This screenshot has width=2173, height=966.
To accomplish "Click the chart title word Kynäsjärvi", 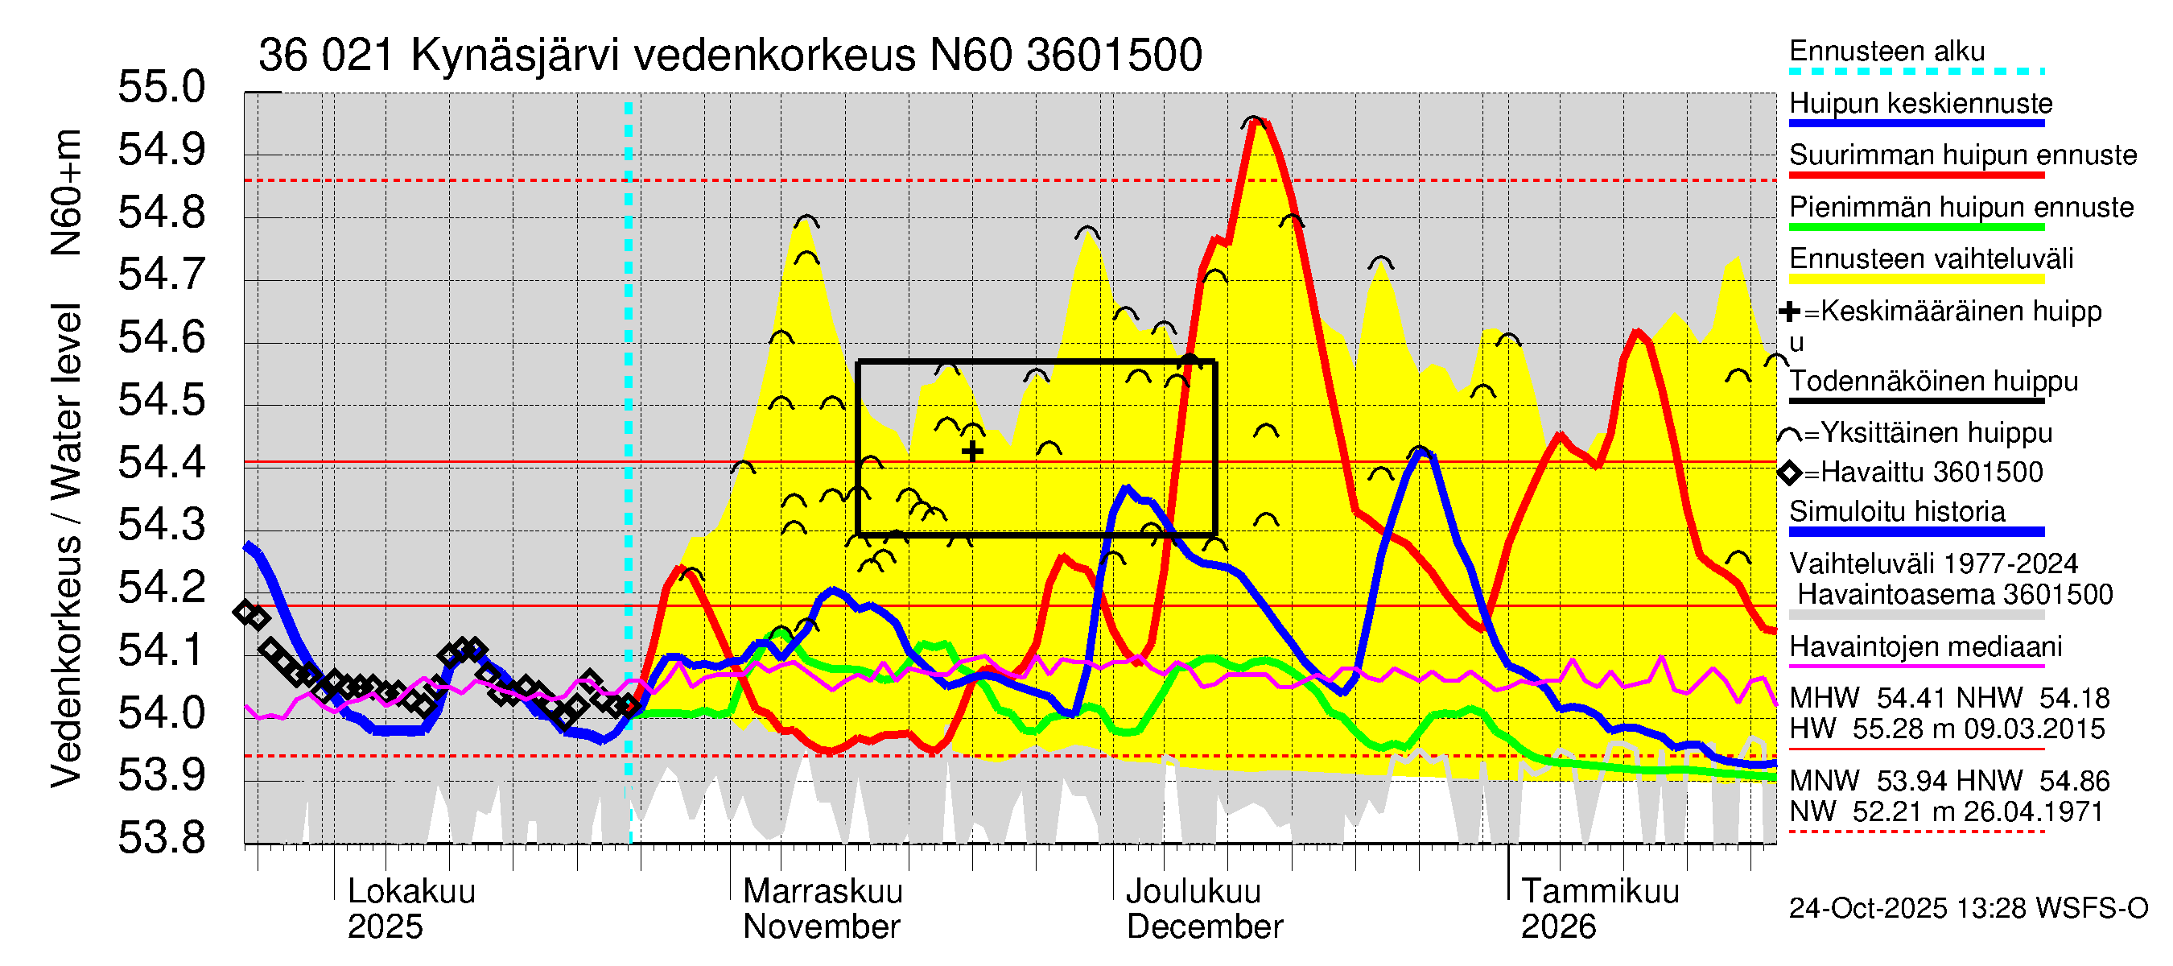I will pos(514,56).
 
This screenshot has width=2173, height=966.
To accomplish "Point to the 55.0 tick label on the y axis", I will pos(161,87).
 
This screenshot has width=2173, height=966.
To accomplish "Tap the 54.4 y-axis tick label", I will pos(161,462).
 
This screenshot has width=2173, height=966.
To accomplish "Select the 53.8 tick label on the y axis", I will pos(161,838).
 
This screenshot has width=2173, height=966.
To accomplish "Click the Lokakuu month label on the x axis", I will pos(411,892).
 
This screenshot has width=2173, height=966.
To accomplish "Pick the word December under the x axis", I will pos(1204,927).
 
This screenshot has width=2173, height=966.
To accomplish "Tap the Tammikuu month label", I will pos(1599,892).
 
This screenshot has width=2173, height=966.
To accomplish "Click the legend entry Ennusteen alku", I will pos(1886,52).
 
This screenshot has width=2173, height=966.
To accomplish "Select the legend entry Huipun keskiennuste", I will pos(1920,104).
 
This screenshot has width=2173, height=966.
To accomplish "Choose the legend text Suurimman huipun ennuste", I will pos(1962,155).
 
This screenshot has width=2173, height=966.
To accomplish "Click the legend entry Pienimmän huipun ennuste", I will pos(1961,208).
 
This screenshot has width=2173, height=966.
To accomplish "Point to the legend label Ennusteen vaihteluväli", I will pos(1931,259).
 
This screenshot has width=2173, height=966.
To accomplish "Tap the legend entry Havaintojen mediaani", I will pos(1925,647).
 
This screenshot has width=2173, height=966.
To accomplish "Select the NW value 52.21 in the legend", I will pos(1889,811).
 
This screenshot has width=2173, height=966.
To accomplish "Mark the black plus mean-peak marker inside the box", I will pos(971,452).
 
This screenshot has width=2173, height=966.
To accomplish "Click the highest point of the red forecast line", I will pos(1257,122).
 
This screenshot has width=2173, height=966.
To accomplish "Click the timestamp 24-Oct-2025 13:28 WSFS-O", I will pos(1968,909).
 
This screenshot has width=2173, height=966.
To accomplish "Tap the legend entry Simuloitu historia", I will pos(1896,512).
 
